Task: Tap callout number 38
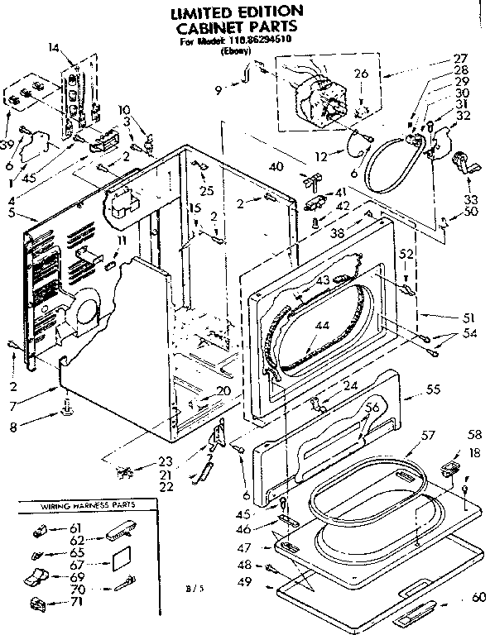click(x=338, y=233)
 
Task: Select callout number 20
click(x=223, y=391)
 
